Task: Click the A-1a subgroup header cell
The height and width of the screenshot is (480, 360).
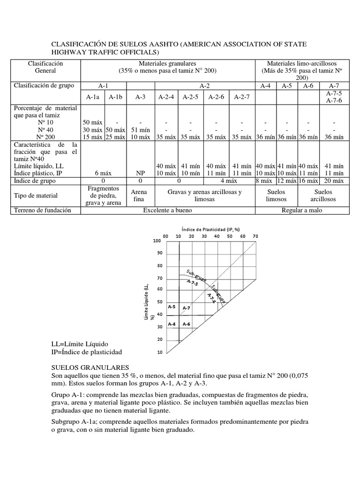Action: coord(93,97)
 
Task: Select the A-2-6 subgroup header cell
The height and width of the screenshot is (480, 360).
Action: coord(216,97)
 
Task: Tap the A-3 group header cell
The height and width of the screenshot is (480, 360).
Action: coord(140,97)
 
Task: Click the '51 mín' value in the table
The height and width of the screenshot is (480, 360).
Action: coord(140,129)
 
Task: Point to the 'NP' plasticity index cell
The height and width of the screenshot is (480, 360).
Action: coord(140,173)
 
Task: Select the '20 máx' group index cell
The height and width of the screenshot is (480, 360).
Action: coord(334,181)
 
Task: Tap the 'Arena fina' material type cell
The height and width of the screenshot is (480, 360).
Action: coord(139,195)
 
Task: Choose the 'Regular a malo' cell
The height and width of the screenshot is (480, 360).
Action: coord(302,210)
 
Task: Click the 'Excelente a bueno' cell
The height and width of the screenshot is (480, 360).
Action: coord(167,210)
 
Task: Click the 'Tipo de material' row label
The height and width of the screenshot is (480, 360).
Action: coord(36,195)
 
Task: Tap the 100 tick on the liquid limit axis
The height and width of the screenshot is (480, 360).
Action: coord(157,240)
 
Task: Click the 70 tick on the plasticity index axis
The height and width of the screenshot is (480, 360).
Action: coord(255,236)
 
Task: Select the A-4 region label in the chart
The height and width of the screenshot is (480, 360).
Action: coord(172,324)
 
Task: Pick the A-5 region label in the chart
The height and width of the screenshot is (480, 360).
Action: coord(172,307)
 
